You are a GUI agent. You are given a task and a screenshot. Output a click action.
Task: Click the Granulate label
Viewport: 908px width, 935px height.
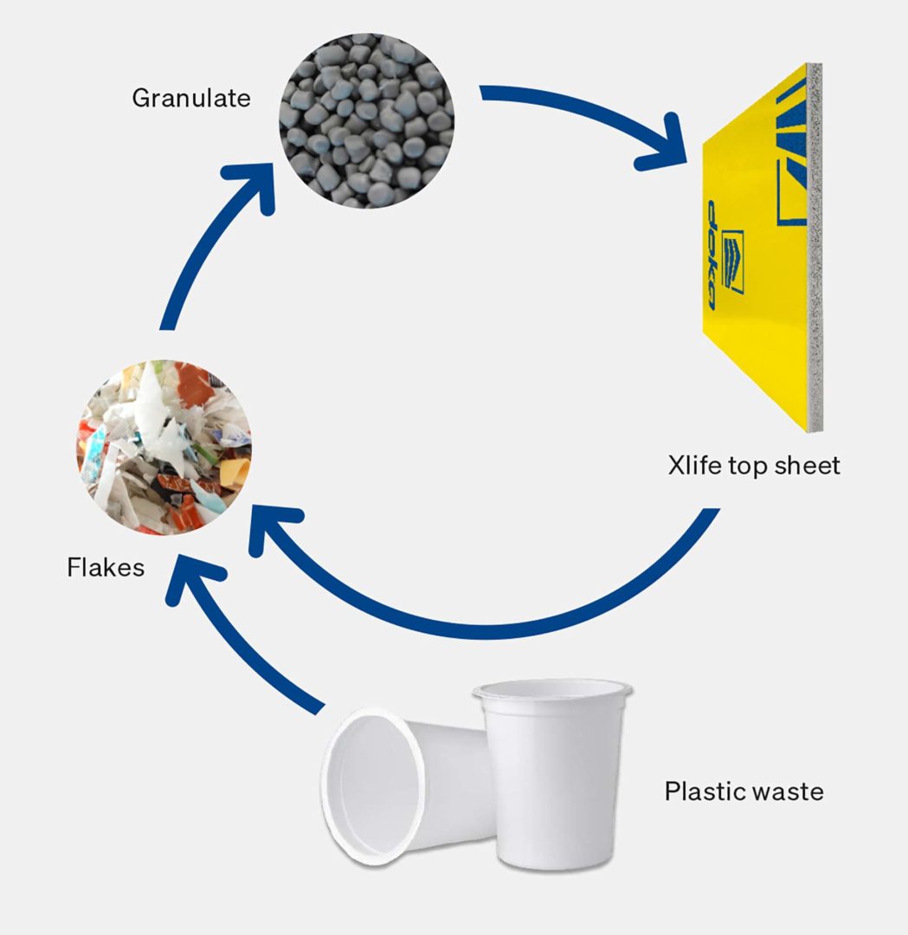click(x=190, y=98)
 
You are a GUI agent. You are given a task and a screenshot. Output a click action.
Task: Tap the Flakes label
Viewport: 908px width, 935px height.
click(x=106, y=568)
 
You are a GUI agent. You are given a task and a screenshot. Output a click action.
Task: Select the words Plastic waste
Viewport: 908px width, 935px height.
click(x=744, y=790)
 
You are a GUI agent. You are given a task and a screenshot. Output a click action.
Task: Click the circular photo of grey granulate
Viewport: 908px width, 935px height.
click(x=366, y=120)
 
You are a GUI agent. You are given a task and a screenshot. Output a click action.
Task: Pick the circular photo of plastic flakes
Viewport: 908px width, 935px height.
click(x=164, y=447)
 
